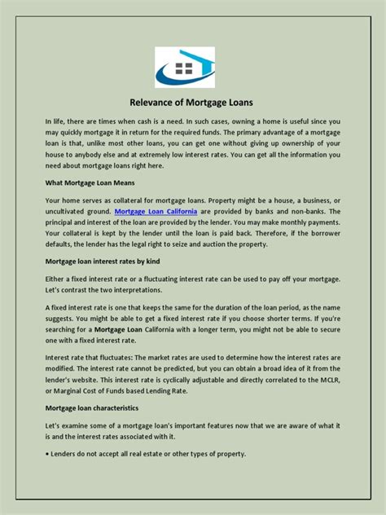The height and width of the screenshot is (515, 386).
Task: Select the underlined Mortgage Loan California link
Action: tap(156, 211)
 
